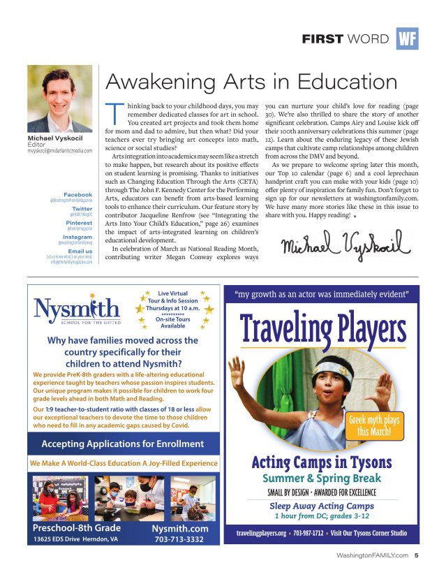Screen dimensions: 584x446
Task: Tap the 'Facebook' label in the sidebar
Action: coord(77,194)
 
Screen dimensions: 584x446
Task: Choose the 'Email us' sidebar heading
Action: coord(79,250)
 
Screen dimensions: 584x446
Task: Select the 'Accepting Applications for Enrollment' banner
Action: coord(122,444)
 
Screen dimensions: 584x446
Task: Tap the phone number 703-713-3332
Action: coord(178,539)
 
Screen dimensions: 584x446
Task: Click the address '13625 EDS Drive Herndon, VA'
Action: coord(75,539)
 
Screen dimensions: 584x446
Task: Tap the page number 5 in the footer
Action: coord(416,556)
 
